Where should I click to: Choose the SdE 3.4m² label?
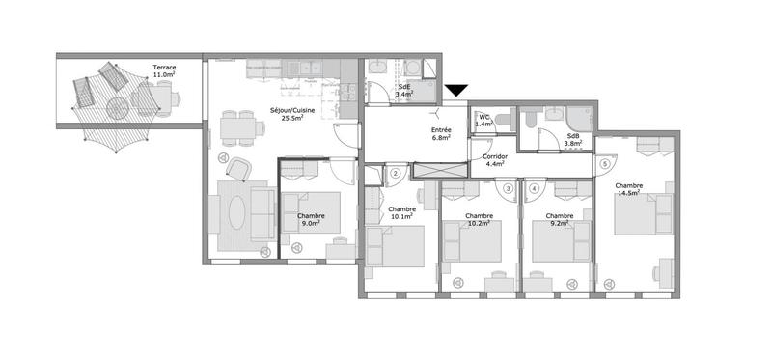(405, 91)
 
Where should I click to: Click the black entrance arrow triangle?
(456, 92)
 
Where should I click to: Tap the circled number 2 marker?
(396, 174)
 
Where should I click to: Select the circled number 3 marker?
(508, 188)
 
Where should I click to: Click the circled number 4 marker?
(534, 188)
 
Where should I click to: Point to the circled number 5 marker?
(605, 164)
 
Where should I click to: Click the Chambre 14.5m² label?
(629, 190)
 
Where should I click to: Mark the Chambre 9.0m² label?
(311, 220)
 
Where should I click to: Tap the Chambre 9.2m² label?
(560, 220)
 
